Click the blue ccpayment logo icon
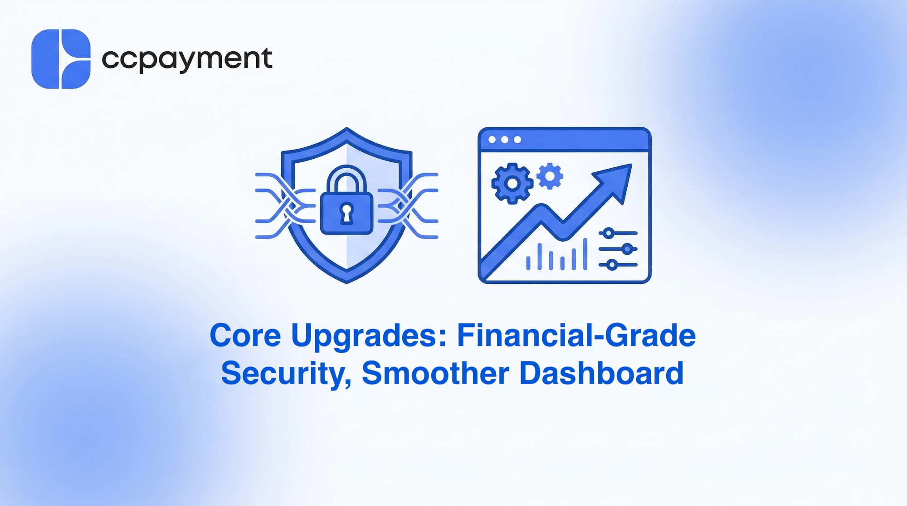pyautogui.click(x=61, y=59)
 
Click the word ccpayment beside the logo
pyautogui.click(x=187, y=59)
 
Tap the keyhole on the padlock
pyautogui.click(x=346, y=213)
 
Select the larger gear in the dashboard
pyautogui.click(x=512, y=183)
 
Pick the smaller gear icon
pyautogui.click(x=550, y=176)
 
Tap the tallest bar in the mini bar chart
pyautogui.click(x=585, y=254)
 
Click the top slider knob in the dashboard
pyautogui.click(x=609, y=234)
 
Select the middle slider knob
pyautogui.click(x=627, y=249)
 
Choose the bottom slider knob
pyautogui.click(x=612, y=265)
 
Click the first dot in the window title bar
pyautogui.click(x=492, y=140)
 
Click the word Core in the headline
pyautogui.click(x=245, y=336)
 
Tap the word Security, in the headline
pyautogui.click(x=286, y=374)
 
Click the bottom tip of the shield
pyautogui.click(x=347, y=283)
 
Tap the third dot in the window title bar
pyautogui.click(x=517, y=140)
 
